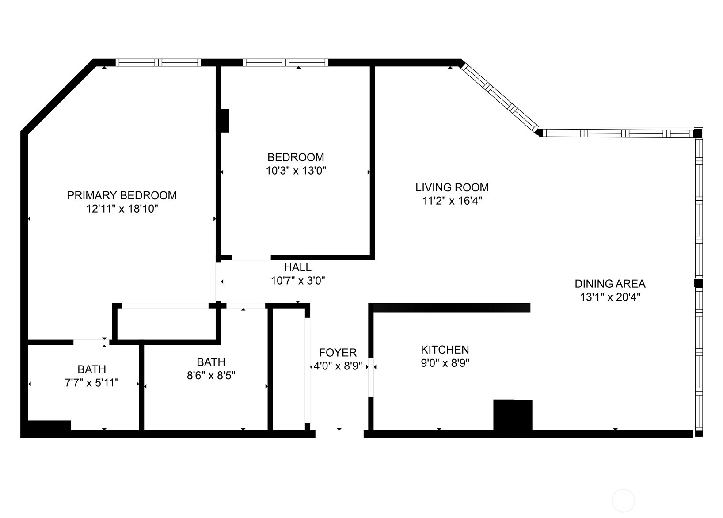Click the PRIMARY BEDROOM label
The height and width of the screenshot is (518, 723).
click(122, 196)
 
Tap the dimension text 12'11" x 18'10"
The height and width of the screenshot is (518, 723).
click(122, 209)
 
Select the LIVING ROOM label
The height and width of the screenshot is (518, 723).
click(452, 187)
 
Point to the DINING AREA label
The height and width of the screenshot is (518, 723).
click(610, 284)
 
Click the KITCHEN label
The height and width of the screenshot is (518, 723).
click(445, 350)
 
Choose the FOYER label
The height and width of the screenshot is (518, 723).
click(338, 352)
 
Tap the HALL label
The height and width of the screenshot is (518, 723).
click(297, 267)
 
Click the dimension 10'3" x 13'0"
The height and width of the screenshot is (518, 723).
click(296, 171)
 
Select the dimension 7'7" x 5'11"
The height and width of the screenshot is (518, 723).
click(91, 383)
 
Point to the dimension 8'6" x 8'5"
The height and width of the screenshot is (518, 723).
click(211, 376)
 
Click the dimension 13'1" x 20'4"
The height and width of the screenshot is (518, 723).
click(610, 297)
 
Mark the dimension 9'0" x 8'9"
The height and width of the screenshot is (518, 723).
click(445, 363)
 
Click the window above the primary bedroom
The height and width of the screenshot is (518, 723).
click(158, 63)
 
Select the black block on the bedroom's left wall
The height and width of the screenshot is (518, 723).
click(225, 121)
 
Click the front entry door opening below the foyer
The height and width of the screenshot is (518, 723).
click(339, 434)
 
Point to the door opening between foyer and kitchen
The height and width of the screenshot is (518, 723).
click(371, 377)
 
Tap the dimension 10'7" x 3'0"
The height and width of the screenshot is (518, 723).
click(298, 281)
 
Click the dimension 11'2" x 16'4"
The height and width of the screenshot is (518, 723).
click(452, 201)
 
